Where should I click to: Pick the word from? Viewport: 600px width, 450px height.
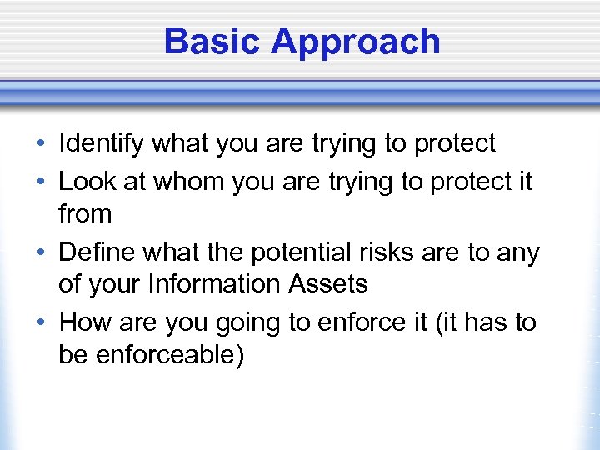coord(85,214)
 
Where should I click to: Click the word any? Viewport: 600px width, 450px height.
coord(517,252)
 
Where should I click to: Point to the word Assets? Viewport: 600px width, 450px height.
coord(327,285)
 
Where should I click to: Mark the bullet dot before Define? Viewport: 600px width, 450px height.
coord(42,252)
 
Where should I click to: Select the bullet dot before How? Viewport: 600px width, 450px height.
coord(42,322)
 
